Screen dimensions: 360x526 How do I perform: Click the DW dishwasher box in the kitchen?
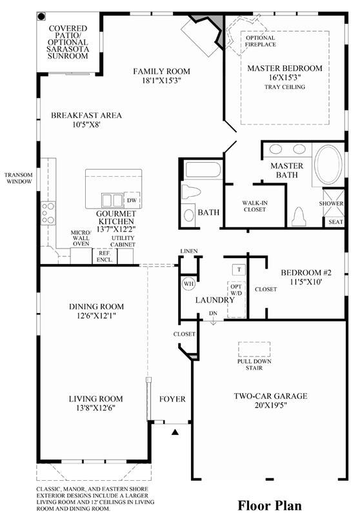point(132,200)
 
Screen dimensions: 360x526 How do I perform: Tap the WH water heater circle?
point(188,284)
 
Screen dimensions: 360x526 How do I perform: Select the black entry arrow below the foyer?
point(175,432)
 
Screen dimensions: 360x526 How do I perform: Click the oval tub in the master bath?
point(328,165)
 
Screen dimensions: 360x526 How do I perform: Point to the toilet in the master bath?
point(299,216)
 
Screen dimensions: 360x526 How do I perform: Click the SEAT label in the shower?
point(335,222)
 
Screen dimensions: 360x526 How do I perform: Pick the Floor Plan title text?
point(270,505)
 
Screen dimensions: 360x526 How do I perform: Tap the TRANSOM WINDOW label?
point(19,178)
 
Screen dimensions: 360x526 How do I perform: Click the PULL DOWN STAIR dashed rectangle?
point(254,349)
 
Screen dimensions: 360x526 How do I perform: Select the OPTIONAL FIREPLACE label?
point(261,41)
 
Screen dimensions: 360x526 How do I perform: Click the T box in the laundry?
point(239,269)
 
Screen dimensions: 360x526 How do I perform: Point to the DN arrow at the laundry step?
point(213,320)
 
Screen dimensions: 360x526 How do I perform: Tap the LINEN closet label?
point(189,251)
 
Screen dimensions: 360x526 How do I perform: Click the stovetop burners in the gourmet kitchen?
point(48,214)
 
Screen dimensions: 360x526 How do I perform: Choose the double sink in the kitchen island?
point(112,201)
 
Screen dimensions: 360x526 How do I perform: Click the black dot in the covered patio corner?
point(41,16)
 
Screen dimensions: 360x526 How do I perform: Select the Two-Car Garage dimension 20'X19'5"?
point(270,405)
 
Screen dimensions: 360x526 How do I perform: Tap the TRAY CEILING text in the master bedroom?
point(285,87)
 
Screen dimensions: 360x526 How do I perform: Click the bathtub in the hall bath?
point(203,170)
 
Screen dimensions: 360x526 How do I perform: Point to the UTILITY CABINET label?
point(123,241)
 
